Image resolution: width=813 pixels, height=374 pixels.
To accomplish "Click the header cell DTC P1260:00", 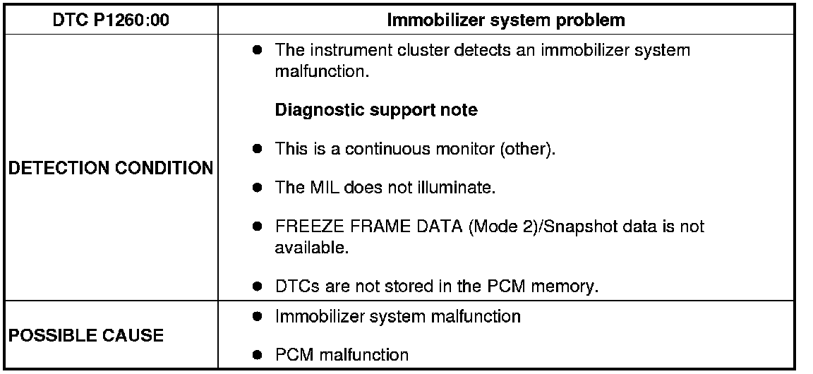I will click(x=111, y=20).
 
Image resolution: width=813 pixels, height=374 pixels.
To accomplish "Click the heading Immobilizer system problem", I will click(x=506, y=20).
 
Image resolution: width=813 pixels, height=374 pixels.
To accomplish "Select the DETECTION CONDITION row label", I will click(x=110, y=169).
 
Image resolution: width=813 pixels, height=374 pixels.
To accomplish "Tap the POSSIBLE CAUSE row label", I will click(x=85, y=335).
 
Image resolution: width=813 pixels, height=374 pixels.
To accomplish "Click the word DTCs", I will click(x=295, y=287).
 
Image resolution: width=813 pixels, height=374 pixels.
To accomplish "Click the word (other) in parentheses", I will click(x=532, y=150).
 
